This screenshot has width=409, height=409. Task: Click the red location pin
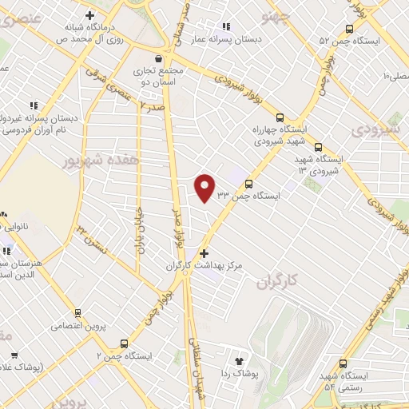(205, 187)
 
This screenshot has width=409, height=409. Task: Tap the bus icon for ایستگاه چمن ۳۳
(248, 184)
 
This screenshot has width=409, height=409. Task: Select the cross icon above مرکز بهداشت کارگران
(204, 253)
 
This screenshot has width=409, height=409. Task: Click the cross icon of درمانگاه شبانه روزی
(89, 15)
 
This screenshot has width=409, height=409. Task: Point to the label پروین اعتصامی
(77, 325)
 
